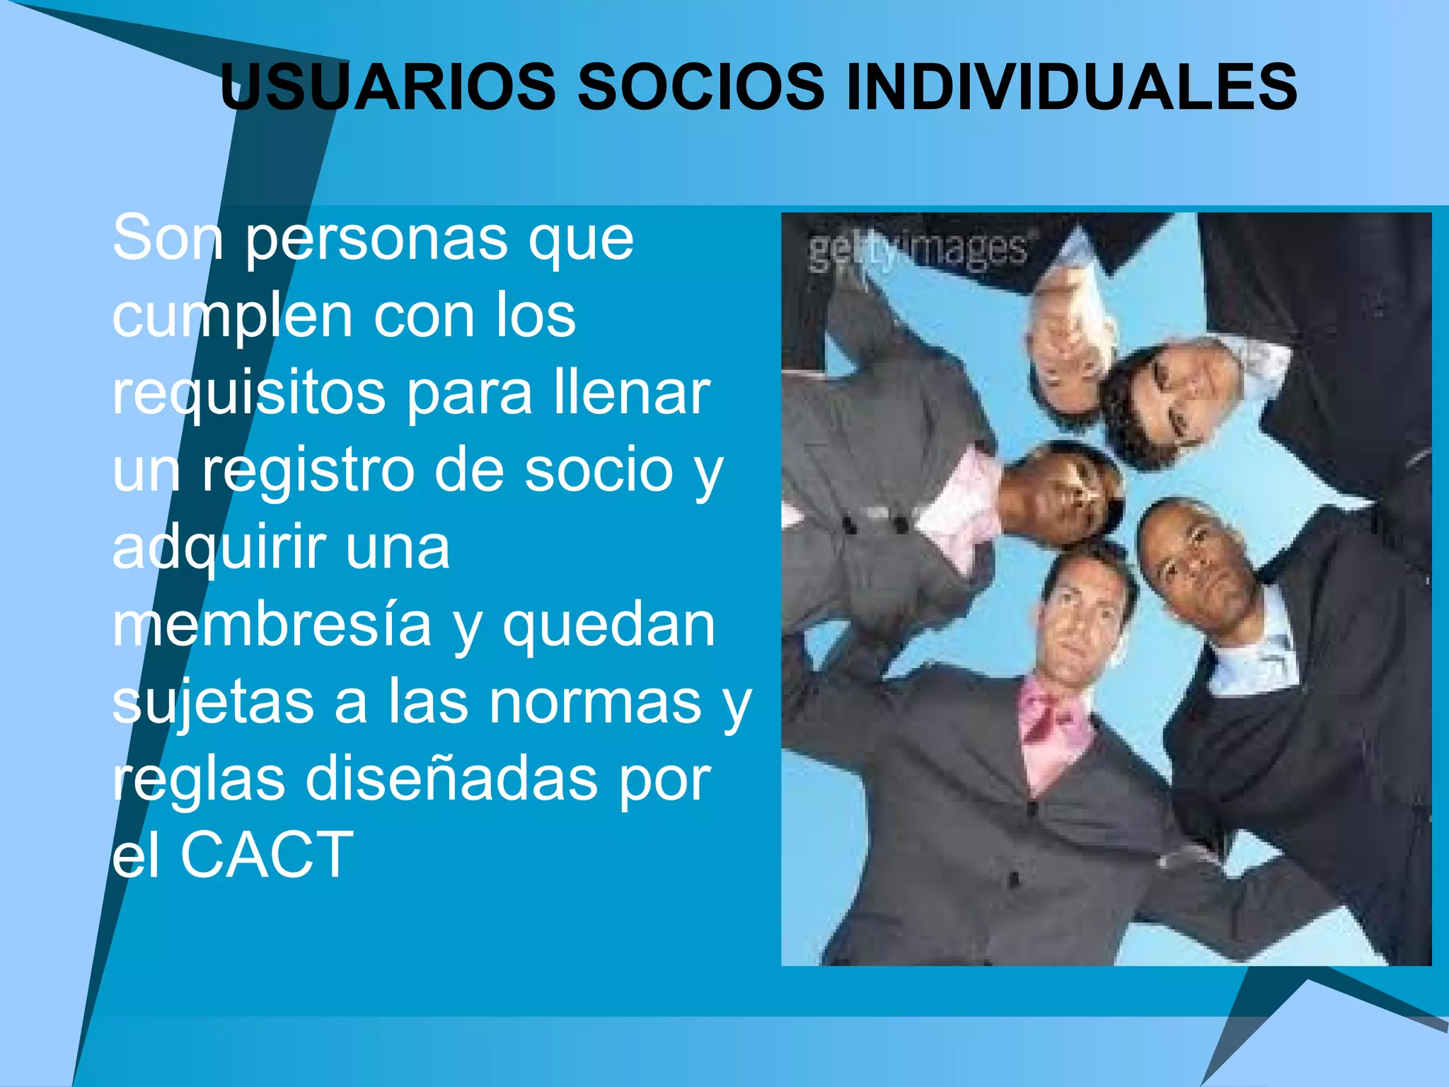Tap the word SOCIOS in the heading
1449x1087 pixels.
(700, 87)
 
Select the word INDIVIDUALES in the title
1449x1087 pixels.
(1071, 87)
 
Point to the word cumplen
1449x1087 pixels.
(233, 318)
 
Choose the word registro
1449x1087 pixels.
(308, 472)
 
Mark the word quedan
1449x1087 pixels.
(608, 626)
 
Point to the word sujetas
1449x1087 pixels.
(213, 703)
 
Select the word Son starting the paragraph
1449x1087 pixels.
(168, 239)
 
